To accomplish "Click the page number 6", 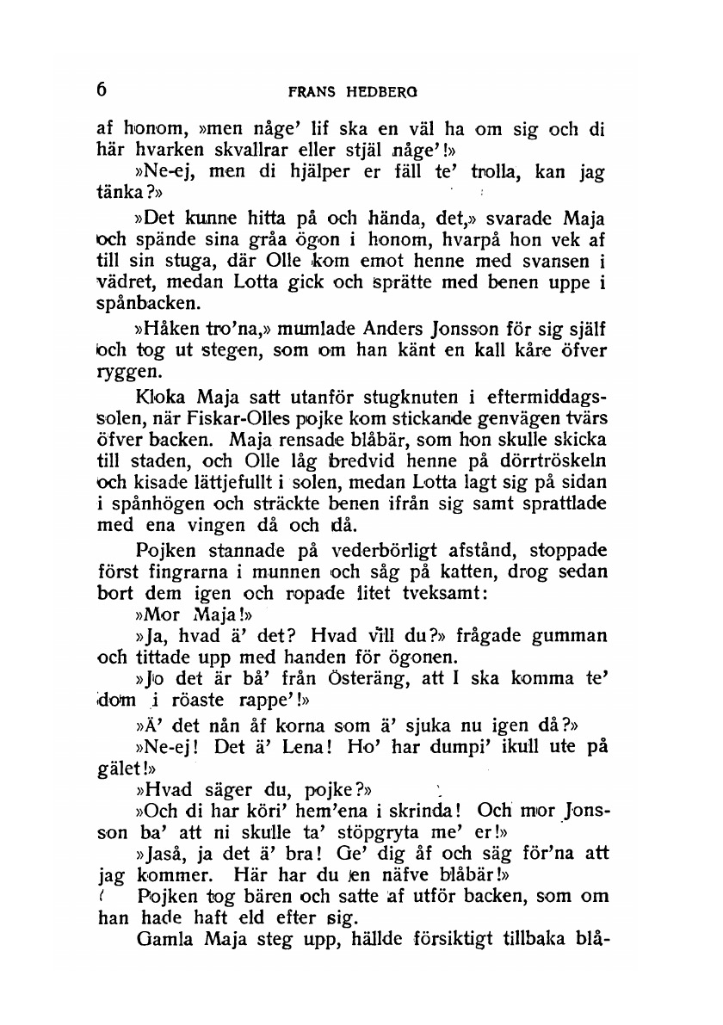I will (102, 90).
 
